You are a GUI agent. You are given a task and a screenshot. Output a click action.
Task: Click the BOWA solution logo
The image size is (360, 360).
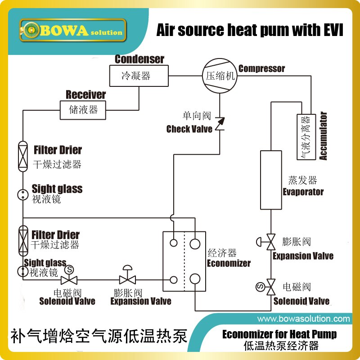point(72,31)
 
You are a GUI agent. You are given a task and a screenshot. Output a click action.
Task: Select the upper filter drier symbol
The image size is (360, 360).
point(22,156)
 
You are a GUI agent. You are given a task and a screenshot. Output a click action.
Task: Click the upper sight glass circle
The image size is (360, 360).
point(22,194)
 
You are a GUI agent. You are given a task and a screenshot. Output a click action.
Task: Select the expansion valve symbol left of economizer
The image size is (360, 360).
point(127,277)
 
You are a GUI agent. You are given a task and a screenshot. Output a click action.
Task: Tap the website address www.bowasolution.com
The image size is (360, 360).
point(303,319)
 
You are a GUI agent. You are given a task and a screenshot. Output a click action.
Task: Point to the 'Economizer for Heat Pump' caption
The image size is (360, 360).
point(279,334)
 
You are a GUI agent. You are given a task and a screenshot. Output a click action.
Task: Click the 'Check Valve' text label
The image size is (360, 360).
point(189,129)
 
